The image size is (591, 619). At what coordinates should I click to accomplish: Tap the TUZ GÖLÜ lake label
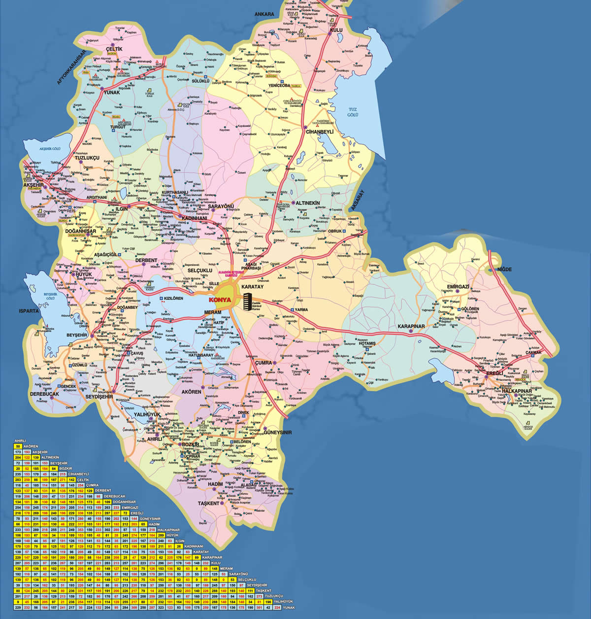click(352, 112)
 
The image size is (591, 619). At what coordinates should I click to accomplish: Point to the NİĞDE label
click(505, 270)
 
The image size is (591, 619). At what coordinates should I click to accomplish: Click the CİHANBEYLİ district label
click(320, 132)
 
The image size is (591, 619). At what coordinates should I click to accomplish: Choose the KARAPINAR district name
click(411, 327)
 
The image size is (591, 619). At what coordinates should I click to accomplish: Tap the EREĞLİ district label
click(493, 373)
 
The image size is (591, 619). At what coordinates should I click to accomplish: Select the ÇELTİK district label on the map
click(114, 49)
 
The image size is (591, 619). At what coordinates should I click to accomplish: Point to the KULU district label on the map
click(337, 30)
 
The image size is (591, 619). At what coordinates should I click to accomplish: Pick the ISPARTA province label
click(29, 311)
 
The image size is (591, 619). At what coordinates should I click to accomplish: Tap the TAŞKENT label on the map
click(208, 503)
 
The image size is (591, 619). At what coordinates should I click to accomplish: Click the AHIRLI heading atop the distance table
click(20, 441)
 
